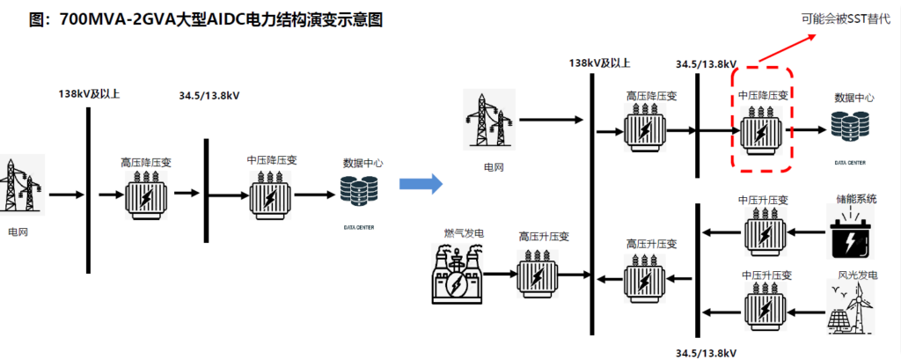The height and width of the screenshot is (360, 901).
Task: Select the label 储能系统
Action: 853,200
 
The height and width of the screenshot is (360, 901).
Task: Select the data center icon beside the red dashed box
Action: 849,129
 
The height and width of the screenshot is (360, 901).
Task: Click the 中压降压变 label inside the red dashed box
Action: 764,94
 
